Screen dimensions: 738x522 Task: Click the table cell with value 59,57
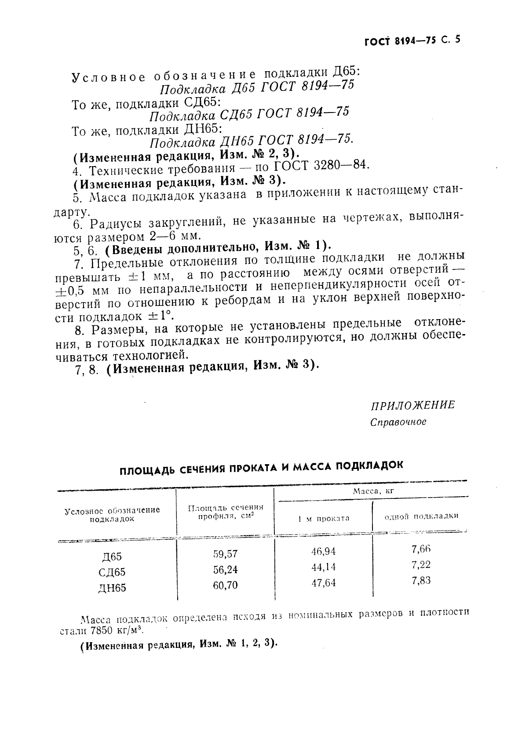pyautogui.click(x=225, y=554)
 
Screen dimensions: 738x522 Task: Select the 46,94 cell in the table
pyautogui.click(x=323, y=551)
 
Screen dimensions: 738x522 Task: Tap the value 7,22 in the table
pyautogui.click(x=421, y=564)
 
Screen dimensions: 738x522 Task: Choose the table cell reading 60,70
pyautogui.click(x=225, y=585)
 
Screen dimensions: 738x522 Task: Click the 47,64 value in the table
pyautogui.click(x=323, y=583)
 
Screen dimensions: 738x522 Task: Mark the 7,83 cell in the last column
pyautogui.click(x=421, y=580)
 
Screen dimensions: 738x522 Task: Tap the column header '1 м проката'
pyautogui.click(x=323, y=518)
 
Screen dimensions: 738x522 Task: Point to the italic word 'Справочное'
pyautogui.click(x=398, y=422)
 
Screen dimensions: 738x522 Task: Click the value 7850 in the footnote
pyautogui.click(x=98, y=630)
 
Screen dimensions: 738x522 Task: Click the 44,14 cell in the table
pyautogui.click(x=323, y=567)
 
